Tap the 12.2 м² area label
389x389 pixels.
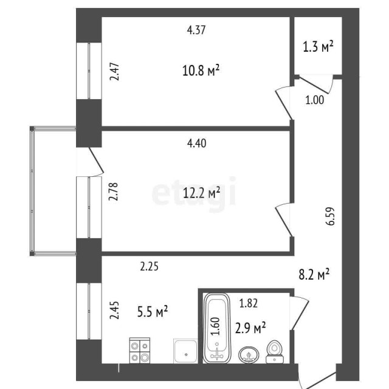201,193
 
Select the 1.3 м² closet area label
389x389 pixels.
318,47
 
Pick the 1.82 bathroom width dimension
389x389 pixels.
250,303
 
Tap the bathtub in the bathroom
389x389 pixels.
217,328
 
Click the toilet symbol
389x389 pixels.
274,353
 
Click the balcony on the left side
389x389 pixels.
52,190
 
